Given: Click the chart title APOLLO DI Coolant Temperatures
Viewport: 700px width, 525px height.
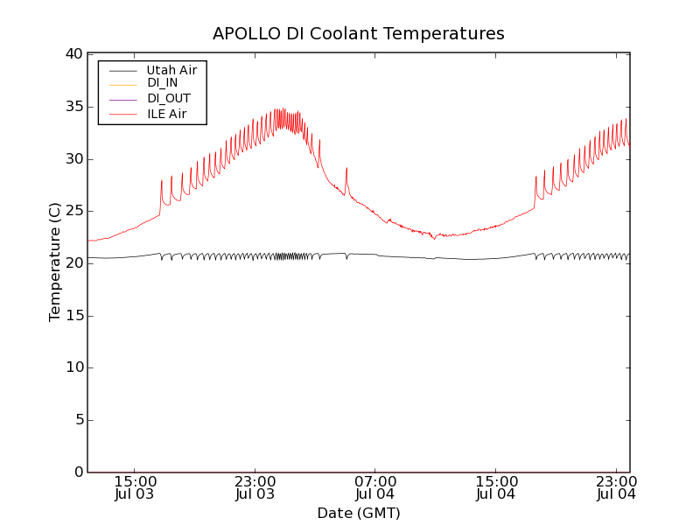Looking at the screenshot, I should pyautogui.click(x=358, y=34).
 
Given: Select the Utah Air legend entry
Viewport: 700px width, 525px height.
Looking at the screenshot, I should pyautogui.click(x=171, y=69).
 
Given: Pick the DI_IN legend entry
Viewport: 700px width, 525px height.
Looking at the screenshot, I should pyautogui.click(x=162, y=83).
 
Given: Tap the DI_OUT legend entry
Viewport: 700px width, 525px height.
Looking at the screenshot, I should pyautogui.click(x=168, y=98).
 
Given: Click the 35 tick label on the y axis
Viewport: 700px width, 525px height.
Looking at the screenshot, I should pyautogui.click(x=73, y=107).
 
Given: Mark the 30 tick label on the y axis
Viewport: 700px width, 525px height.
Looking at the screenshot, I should pyautogui.click(x=73, y=159).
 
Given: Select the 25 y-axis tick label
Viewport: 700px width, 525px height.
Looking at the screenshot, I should pyautogui.click(x=73, y=211).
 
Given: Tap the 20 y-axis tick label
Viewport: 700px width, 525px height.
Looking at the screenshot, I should pyautogui.click(x=73, y=263).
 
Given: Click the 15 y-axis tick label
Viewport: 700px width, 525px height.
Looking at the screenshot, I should pyautogui.click(x=73, y=316).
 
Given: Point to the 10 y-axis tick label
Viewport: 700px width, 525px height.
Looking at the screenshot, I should pyautogui.click(x=73, y=367).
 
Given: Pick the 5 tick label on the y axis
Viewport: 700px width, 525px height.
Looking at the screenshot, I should pyautogui.click(x=78, y=420).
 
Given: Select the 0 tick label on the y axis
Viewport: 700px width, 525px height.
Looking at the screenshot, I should pyautogui.click(x=78, y=472).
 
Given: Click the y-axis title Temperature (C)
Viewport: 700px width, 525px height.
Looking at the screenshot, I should pyautogui.click(x=54, y=262).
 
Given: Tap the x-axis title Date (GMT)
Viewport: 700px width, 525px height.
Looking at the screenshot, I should pyautogui.click(x=358, y=514).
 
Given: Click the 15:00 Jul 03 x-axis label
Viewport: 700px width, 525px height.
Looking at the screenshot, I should pyautogui.click(x=135, y=487).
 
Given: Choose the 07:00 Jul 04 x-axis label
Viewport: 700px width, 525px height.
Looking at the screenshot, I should pyautogui.click(x=375, y=487).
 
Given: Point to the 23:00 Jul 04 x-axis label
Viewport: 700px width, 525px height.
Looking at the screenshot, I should pyautogui.click(x=616, y=487).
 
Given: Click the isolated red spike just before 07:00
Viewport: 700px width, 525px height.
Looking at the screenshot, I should pyautogui.click(x=346, y=170).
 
